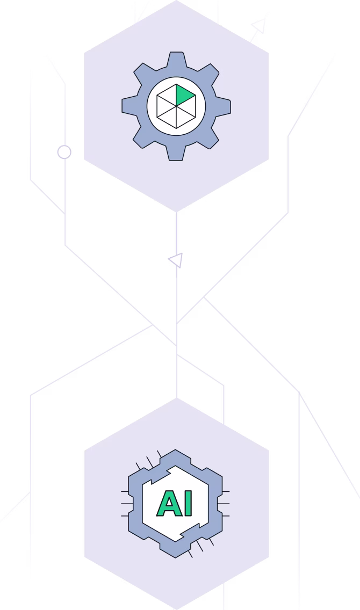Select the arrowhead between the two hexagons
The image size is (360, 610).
(x=176, y=260)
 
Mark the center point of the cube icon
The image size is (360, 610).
(x=176, y=106)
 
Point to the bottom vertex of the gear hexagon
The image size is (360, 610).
(x=176, y=212)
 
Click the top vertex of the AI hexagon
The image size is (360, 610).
(x=176, y=398)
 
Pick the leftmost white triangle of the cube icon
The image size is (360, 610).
(x=164, y=106)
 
